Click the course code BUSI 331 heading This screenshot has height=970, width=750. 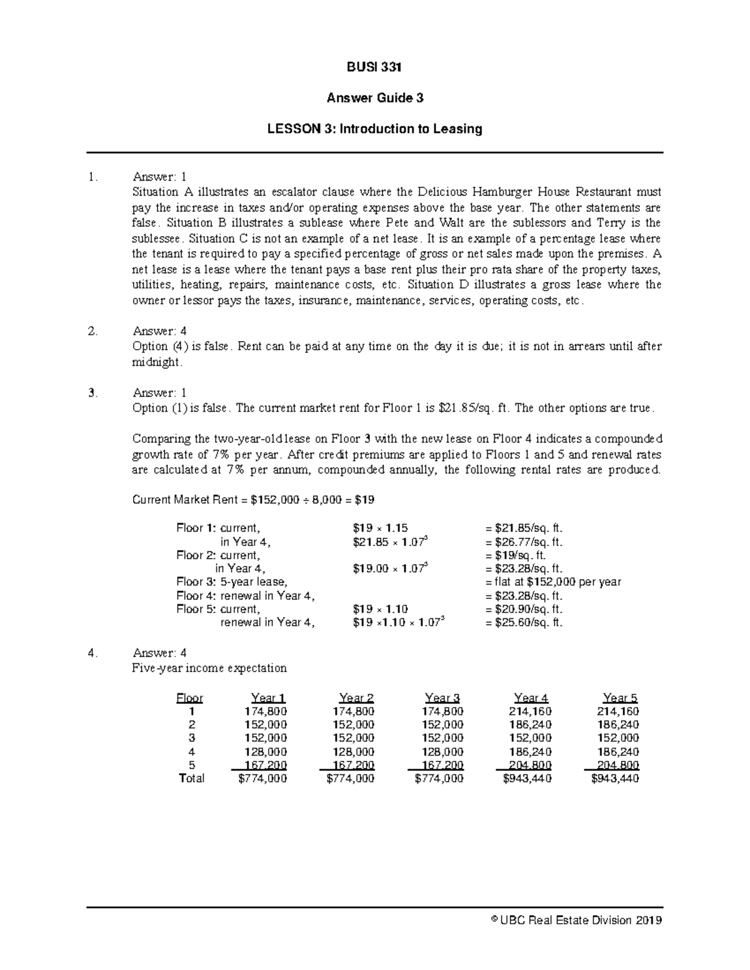coord(374,67)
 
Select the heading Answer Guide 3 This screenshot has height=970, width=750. coord(374,98)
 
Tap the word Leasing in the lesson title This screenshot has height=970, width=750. coord(459,129)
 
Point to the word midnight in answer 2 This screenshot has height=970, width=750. coord(157,362)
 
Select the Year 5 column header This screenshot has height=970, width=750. coord(620,698)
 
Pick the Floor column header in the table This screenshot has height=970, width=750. coord(190,698)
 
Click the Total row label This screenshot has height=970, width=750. coord(191,778)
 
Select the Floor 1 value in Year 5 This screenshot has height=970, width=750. coord(617,711)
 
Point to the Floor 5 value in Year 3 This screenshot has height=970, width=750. coord(441,765)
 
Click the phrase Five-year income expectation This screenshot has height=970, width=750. coord(209,668)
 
